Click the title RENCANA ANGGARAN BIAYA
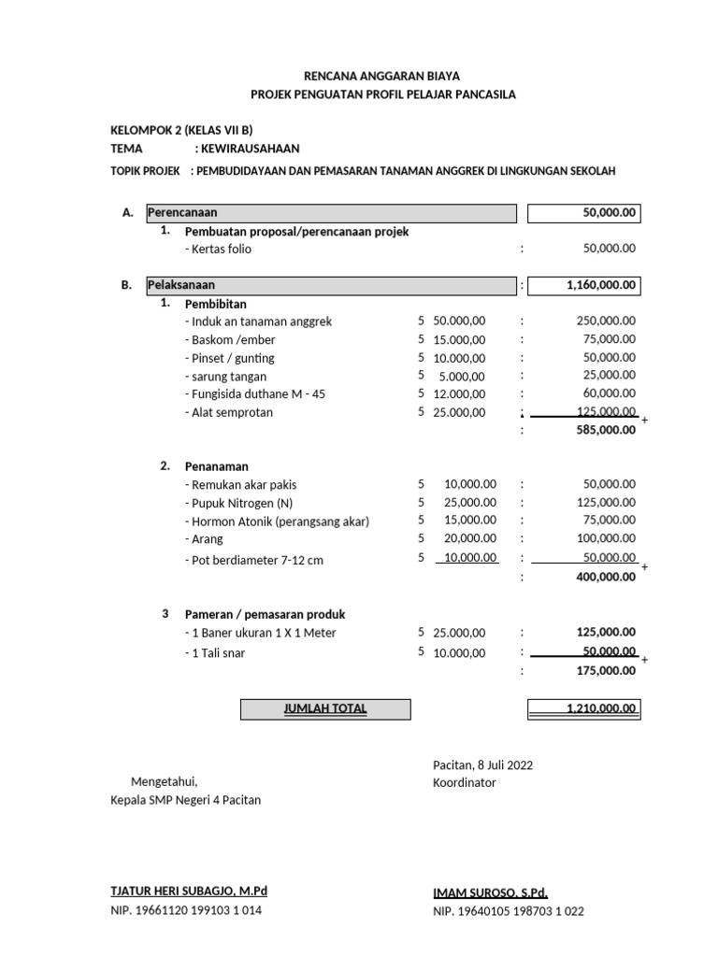[x=382, y=76]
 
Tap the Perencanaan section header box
[x=330, y=213]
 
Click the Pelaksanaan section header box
[x=330, y=286]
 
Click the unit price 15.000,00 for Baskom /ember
[x=459, y=340]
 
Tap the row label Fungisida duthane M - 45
[x=255, y=394]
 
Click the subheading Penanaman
[x=217, y=466]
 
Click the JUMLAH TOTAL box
[x=325, y=709]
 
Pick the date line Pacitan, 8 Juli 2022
[x=482, y=765]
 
